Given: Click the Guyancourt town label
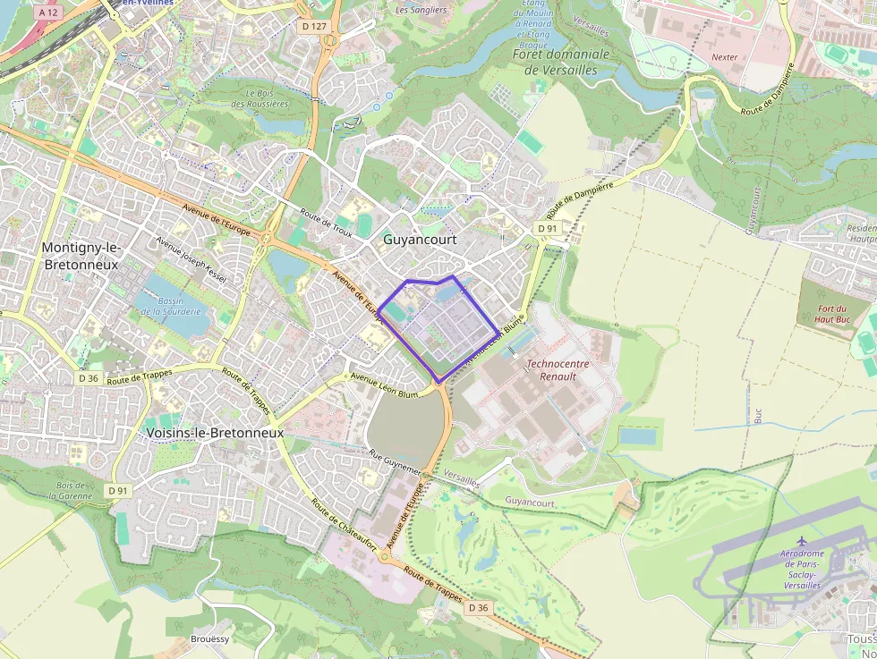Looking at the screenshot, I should tap(420, 240).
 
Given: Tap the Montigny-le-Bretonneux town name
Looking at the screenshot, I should tap(81, 255).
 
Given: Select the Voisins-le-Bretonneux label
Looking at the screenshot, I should tap(214, 433).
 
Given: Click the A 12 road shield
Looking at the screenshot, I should tap(49, 13).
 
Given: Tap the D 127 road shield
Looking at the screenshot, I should tap(314, 27).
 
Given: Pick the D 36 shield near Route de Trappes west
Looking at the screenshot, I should tap(88, 378).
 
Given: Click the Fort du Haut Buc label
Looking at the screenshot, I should tap(839, 314).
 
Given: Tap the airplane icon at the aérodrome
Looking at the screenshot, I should tap(802, 541).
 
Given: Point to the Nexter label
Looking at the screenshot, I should tap(725, 57).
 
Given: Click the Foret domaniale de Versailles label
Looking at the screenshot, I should tap(561, 62).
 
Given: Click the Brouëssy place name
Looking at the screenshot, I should tap(210, 639).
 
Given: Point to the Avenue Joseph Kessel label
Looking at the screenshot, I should tap(192, 259).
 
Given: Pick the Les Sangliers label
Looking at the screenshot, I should tap(421, 10).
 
